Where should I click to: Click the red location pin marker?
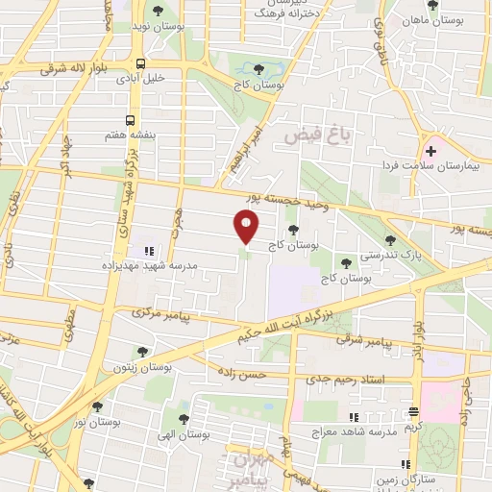[247, 227]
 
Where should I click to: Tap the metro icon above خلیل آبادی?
[141, 64]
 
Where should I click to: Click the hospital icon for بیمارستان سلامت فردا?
[431, 151]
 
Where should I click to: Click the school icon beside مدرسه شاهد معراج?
[353, 416]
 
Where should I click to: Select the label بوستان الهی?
[187, 434]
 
